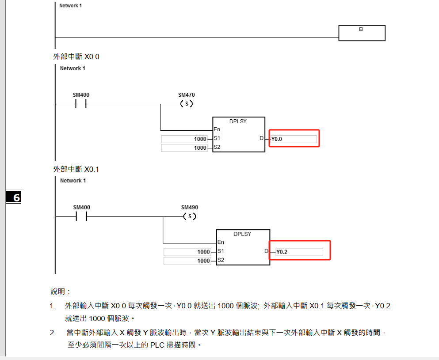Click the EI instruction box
(362, 33)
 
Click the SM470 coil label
(186, 95)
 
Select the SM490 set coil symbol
(190, 216)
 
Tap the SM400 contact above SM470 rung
(80, 104)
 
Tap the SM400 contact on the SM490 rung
(81, 216)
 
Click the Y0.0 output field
(294, 139)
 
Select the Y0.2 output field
(298, 252)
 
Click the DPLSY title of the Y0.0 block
(238, 121)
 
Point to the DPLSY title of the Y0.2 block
(242, 234)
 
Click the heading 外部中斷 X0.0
(76, 57)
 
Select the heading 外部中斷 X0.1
(76, 169)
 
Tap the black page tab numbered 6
(14, 197)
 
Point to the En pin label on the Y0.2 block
(221, 242)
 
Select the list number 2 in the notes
(53, 333)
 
